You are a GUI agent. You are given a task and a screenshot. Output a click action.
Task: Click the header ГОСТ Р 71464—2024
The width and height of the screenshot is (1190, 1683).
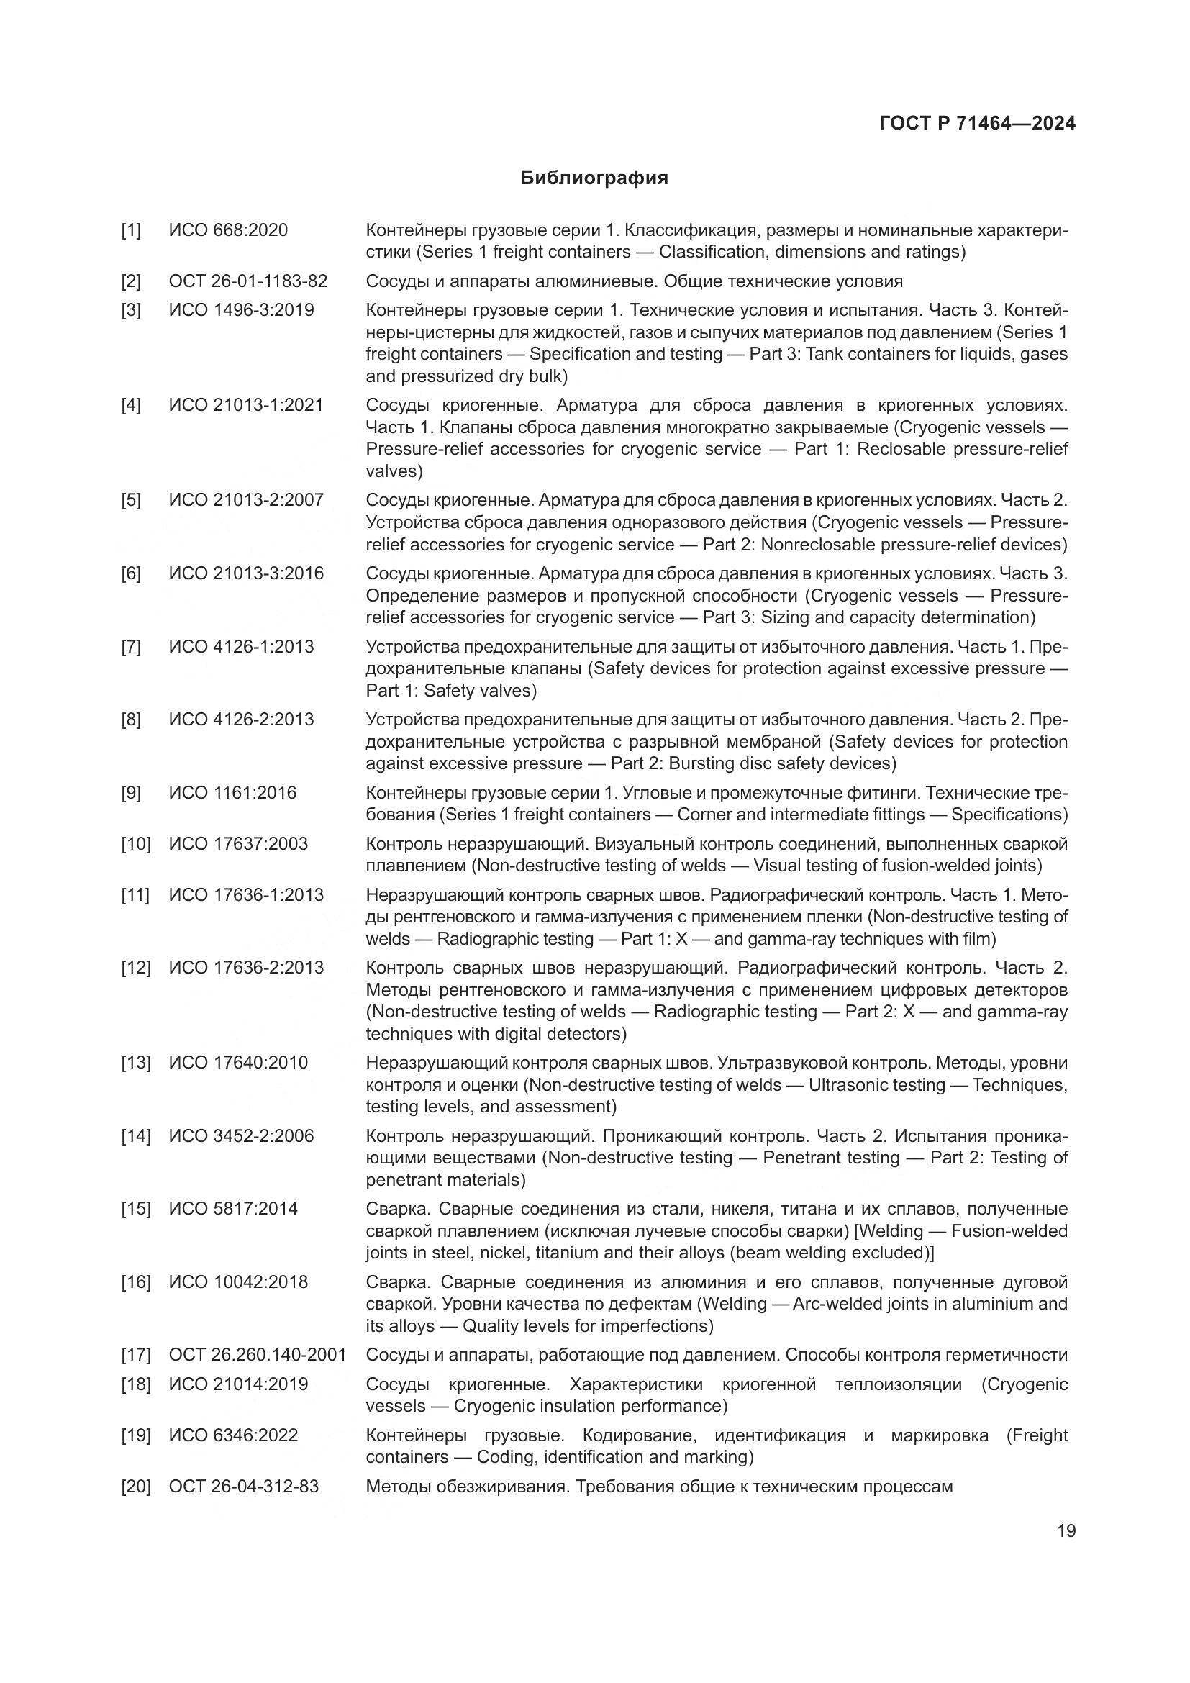pos(977,123)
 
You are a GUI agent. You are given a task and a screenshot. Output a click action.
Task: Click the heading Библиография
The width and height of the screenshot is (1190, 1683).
pos(594,178)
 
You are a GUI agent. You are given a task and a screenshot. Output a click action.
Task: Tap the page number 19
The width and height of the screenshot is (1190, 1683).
pos(1066,1531)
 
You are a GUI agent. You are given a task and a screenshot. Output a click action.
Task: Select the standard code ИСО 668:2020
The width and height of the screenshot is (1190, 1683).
pos(228,230)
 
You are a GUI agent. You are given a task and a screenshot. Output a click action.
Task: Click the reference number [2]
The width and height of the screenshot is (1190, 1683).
pos(131,281)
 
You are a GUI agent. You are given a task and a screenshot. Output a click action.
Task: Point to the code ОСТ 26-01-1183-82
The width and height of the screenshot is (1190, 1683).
pos(247,281)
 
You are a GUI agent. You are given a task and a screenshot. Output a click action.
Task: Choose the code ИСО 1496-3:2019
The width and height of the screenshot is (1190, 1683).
pos(241,310)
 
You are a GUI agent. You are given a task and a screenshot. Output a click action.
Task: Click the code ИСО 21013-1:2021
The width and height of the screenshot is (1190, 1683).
pos(245,405)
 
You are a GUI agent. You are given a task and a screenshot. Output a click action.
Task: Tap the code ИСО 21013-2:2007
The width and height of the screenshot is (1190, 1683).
pos(245,501)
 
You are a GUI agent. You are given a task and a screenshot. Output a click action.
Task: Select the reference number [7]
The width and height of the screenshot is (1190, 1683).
pos(131,648)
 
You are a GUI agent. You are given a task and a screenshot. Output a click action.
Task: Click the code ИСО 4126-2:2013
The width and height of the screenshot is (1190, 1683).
pos(241,720)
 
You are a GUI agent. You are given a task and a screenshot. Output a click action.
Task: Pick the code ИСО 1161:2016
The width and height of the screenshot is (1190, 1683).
pos(232,793)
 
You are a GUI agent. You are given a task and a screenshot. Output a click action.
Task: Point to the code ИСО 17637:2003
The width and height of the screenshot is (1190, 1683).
pos(238,844)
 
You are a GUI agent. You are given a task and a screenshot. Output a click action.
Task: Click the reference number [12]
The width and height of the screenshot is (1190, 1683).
pos(135,968)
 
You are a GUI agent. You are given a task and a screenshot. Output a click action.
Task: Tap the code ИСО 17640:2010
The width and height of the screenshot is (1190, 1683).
pos(238,1063)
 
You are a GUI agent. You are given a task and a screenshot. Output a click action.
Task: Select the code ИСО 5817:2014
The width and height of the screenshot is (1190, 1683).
pos(233,1209)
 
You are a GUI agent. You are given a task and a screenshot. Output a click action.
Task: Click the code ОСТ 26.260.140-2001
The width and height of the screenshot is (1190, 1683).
pos(257,1355)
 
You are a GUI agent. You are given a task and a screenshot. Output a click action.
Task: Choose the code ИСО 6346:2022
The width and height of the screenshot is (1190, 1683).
pos(233,1435)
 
